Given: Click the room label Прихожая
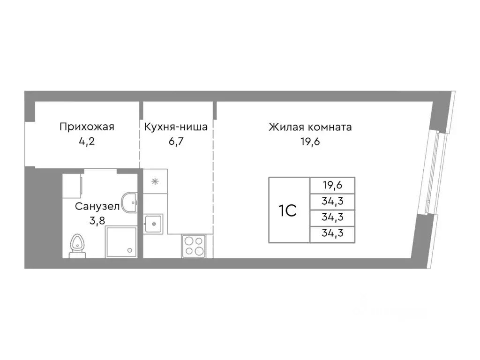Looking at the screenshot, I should pos(87,127).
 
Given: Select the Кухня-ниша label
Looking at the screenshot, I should pos(176,127).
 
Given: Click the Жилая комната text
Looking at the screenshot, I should pos(310,127).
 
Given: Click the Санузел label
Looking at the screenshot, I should pos(97,207).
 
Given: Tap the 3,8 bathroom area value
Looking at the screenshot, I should pos(97,220).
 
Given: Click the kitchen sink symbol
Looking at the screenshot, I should pos(153,224).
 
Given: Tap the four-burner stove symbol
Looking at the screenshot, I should pos(194,246).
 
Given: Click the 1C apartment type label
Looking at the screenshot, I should pos(288,210).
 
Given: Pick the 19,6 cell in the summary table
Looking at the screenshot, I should pos(332,185).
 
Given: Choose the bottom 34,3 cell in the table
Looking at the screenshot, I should pos(332,234).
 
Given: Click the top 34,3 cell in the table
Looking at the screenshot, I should pos(332,201).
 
